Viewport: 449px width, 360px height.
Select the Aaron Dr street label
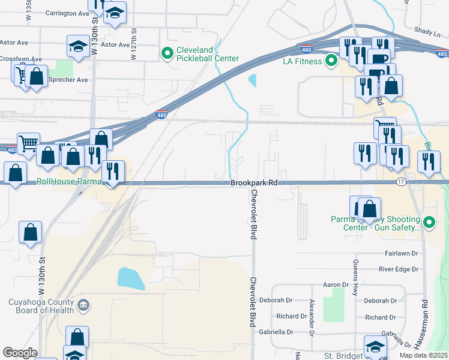336,285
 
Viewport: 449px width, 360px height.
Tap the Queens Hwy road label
356,271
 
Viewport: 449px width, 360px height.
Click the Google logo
20,353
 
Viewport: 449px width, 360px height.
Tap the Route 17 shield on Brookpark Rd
402,181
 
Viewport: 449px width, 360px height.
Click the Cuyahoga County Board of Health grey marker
84,306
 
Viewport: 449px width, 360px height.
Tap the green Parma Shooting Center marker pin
429,223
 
